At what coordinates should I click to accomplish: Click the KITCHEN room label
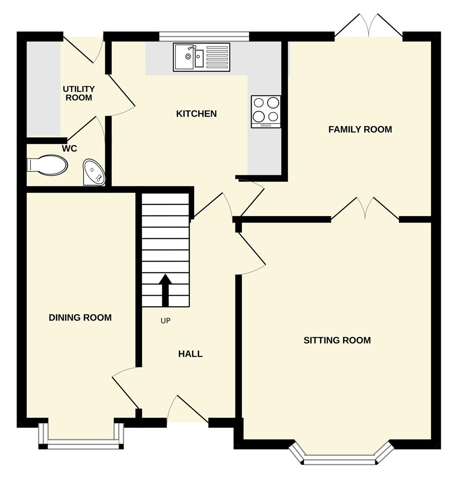[196, 114]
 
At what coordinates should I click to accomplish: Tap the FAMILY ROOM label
[360, 129]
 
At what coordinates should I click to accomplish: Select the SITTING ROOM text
[337, 340]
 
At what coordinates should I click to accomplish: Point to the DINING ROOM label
[80, 318]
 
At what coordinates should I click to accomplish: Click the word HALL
[190, 354]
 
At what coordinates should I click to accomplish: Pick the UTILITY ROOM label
[79, 93]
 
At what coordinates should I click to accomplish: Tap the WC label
[69, 149]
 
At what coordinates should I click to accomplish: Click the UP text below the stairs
[165, 321]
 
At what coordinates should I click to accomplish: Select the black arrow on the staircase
[165, 290]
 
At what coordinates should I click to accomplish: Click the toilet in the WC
[47, 165]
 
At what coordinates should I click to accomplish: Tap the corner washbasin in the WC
[94, 172]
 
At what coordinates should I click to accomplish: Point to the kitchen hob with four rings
[266, 112]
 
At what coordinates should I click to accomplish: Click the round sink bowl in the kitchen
[188, 57]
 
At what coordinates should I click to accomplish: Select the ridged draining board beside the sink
[217, 57]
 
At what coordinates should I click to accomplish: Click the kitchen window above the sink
[204, 36]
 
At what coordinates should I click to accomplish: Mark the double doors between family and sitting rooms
[365, 208]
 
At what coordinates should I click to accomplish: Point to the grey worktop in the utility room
[44, 89]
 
